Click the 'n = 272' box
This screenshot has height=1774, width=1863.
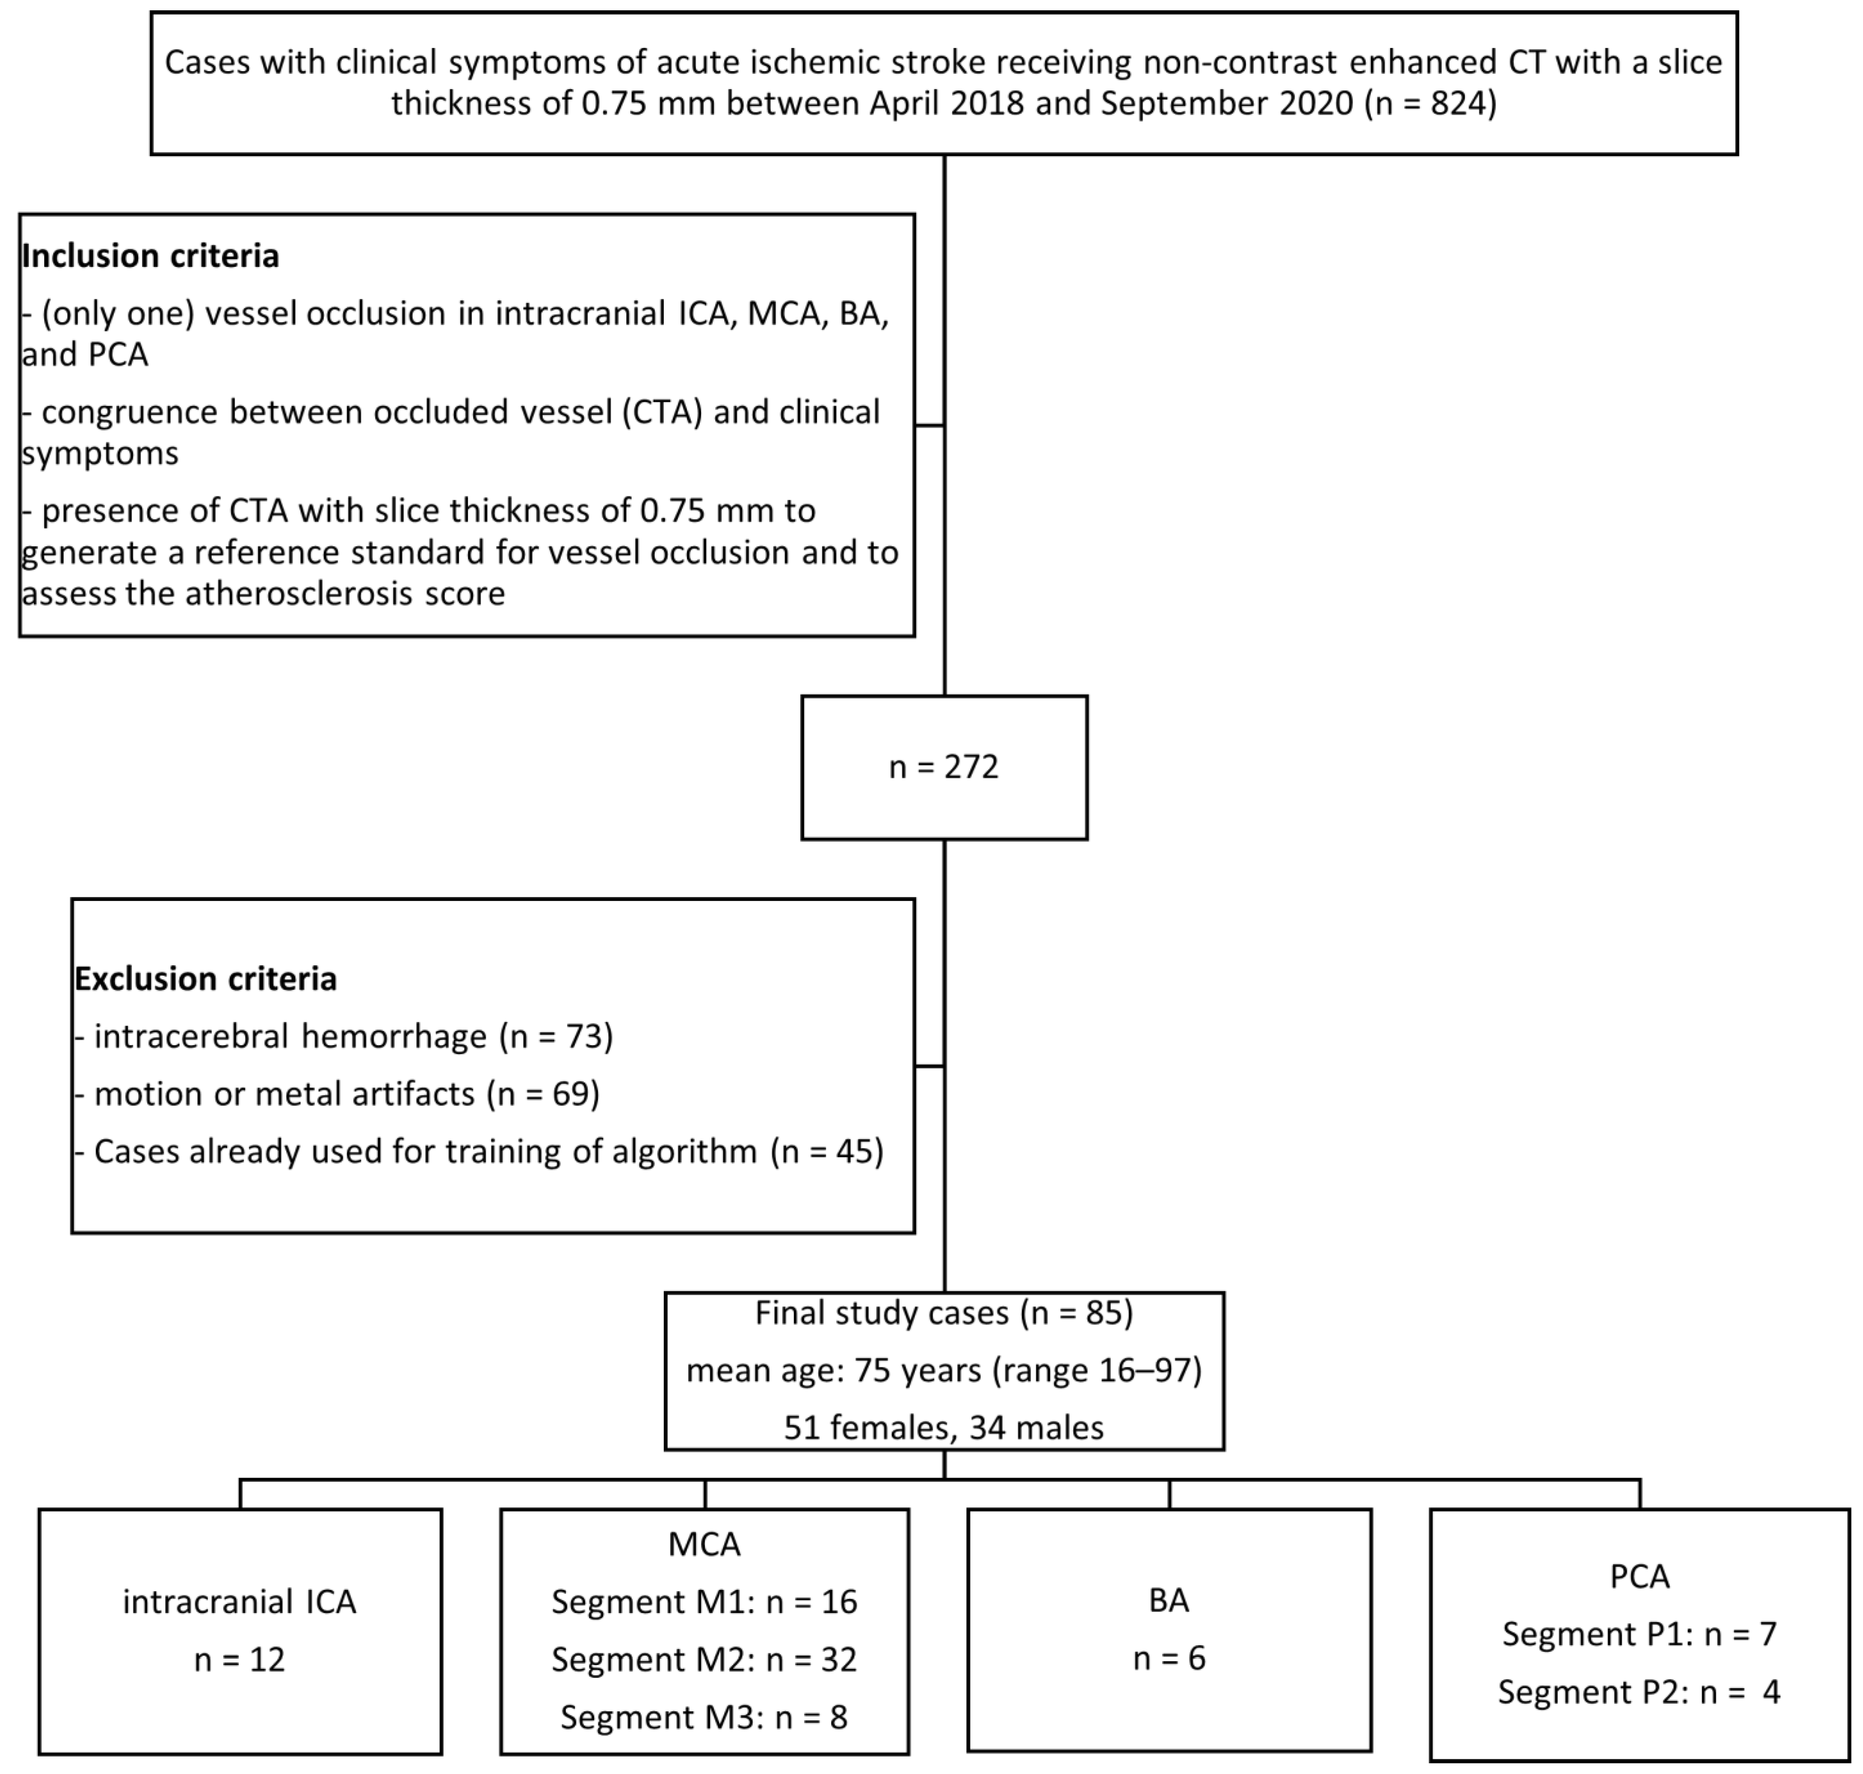pos(944,767)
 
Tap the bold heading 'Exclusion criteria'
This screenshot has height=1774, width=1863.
pos(205,979)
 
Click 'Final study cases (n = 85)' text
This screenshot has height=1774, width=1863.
pos(944,1312)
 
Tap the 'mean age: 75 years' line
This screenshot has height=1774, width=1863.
pos(944,1370)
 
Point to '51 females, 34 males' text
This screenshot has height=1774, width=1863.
pos(944,1427)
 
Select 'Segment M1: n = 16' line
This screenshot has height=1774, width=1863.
pos(705,1602)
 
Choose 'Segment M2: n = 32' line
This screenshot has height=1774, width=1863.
pos(705,1659)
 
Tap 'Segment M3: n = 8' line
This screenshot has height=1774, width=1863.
pos(705,1717)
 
